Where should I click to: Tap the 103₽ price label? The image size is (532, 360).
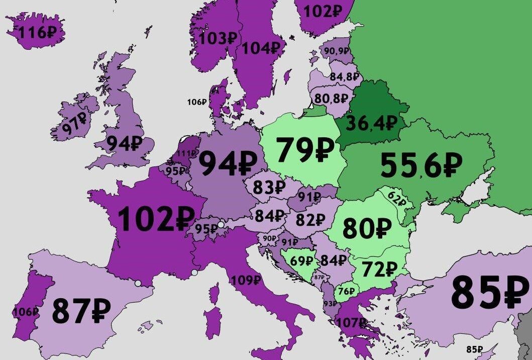click(x=218, y=39)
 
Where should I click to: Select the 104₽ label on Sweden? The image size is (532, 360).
click(x=261, y=48)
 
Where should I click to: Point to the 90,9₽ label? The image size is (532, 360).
click(x=337, y=51)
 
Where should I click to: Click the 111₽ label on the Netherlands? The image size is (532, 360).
click(x=187, y=153)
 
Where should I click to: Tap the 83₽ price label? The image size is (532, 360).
click(x=269, y=188)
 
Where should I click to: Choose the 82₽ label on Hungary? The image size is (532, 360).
click(x=310, y=220)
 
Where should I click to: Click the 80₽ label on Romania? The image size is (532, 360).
click(x=367, y=229)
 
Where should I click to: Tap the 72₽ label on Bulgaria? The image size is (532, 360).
click(x=378, y=270)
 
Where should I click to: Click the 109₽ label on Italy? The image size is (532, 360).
click(x=246, y=280)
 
